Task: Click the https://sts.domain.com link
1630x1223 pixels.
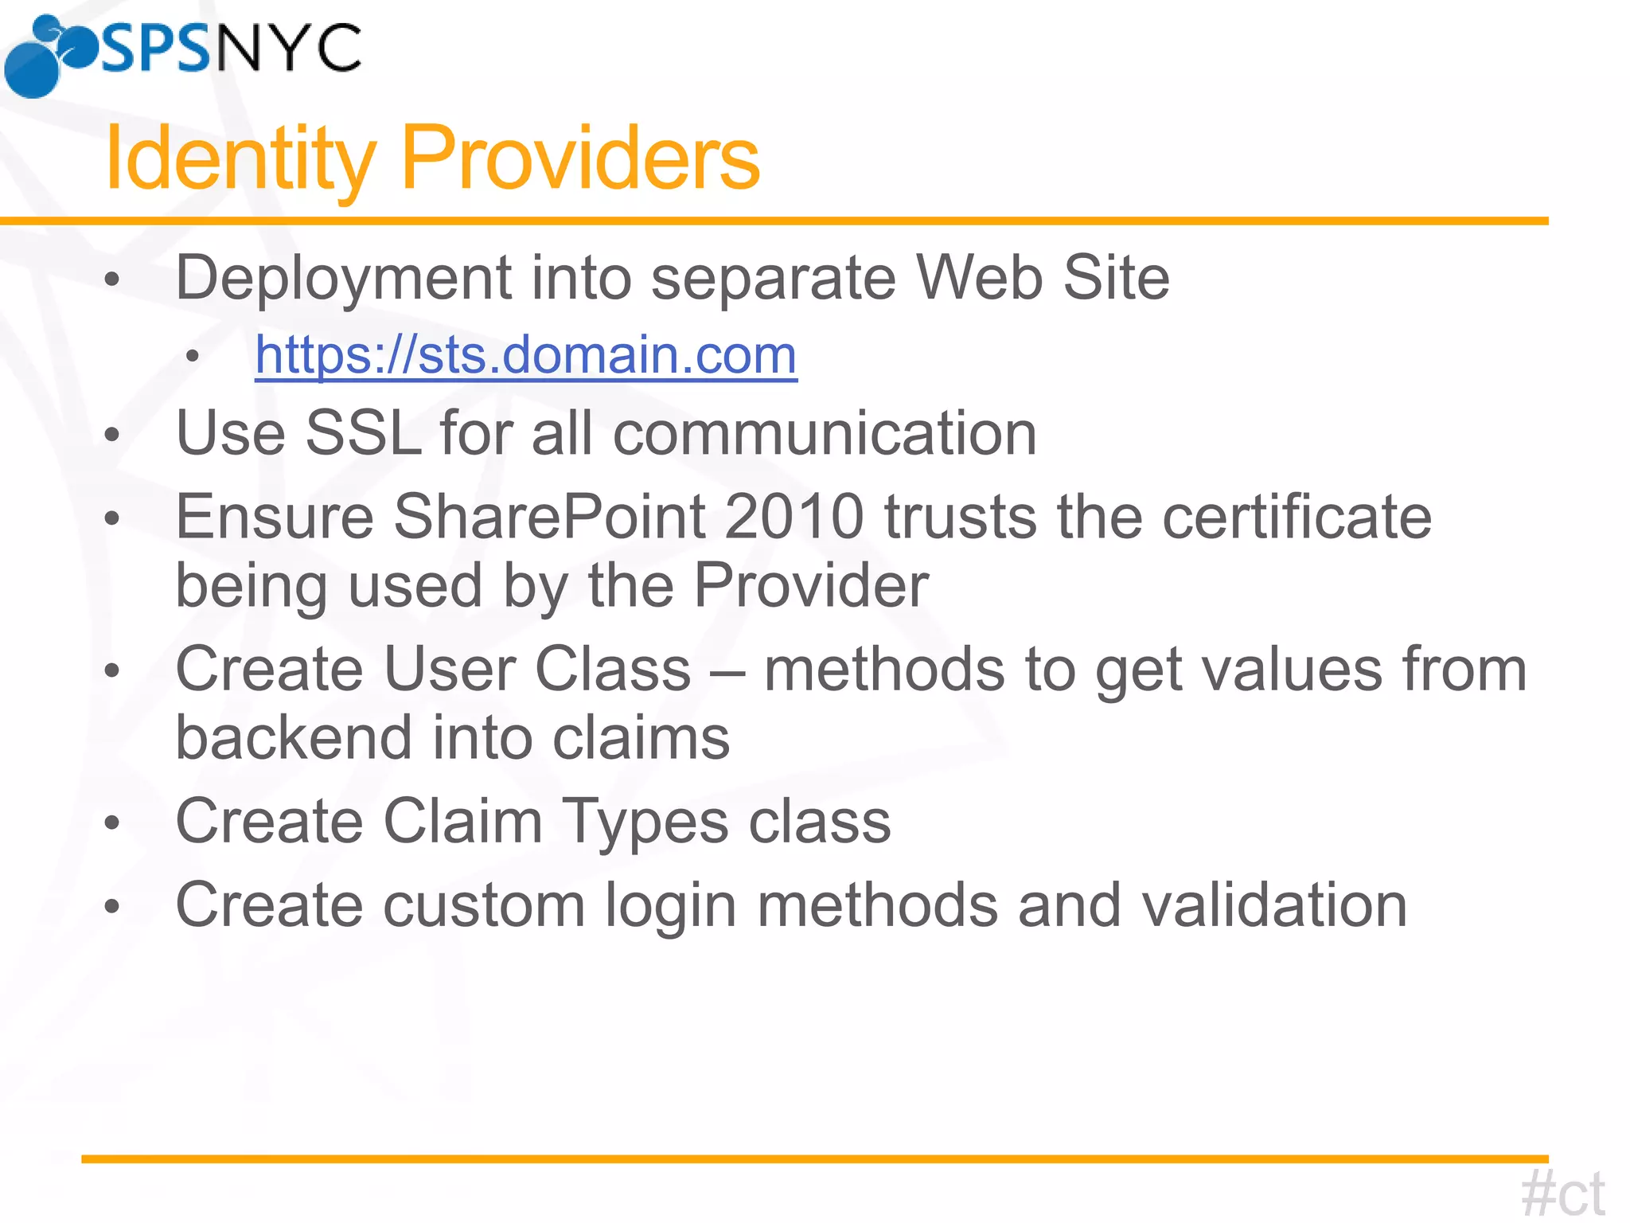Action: (x=525, y=355)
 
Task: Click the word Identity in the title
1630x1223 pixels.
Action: (x=240, y=158)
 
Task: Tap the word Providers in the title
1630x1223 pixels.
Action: (x=580, y=158)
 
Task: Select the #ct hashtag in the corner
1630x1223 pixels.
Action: (x=1562, y=1192)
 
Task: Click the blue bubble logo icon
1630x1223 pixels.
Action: (x=48, y=56)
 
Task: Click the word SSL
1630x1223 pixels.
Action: (x=363, y=433)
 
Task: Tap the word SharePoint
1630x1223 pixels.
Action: (x=549, y=517)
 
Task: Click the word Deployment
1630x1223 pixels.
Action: (x=343, y=278)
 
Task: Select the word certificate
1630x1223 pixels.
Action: (x=1297, y=517)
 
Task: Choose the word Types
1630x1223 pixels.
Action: (x=645, y=822)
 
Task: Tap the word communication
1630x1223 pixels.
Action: (x=825, y=433)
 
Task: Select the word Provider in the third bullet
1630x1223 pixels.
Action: (x=811, y=585)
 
